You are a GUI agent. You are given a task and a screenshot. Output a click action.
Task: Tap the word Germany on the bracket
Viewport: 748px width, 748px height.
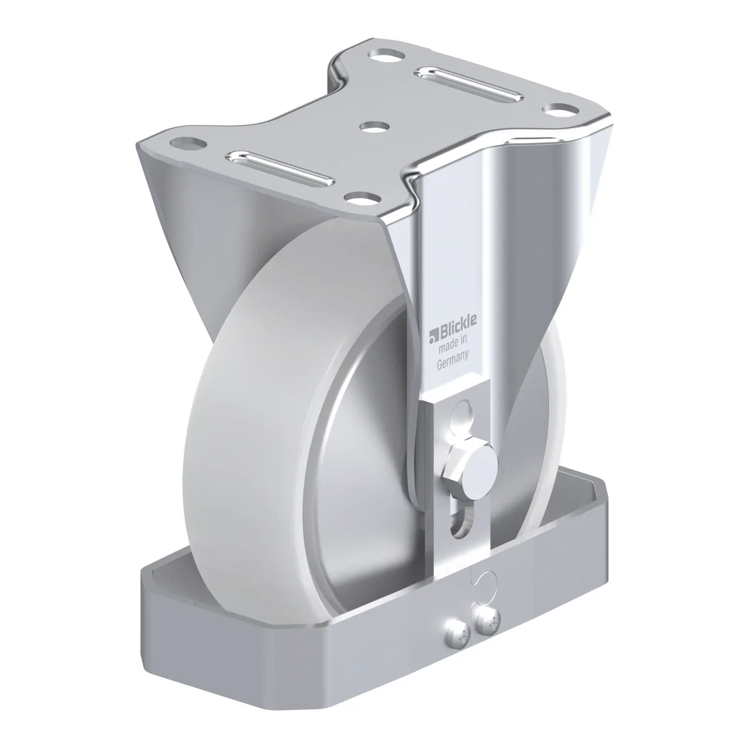[x=453, y=359]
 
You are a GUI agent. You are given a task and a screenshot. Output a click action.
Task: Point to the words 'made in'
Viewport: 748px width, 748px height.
[x=453, y=344]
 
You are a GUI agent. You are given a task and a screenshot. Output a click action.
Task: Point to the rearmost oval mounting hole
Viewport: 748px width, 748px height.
[x=386, y=55]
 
